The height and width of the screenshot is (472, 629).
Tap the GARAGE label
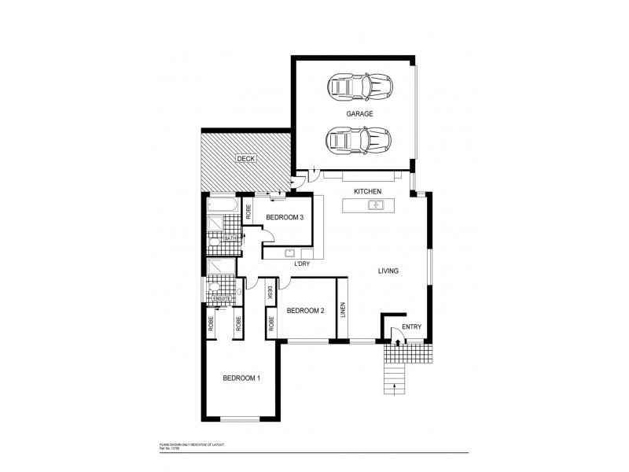point(359,113)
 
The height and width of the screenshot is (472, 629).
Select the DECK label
point(246,160)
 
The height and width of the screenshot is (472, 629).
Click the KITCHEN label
point(367,191)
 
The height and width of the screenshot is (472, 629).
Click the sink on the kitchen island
point(376,205)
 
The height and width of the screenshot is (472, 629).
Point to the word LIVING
point(388,271)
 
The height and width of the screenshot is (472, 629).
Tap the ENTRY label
point(411,326)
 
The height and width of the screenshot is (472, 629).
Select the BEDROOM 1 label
point(241,378)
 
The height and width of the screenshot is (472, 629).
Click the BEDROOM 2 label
point(306,311)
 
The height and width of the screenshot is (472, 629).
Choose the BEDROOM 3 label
point(285,217)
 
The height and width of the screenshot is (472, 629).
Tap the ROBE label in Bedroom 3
point(248,210)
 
